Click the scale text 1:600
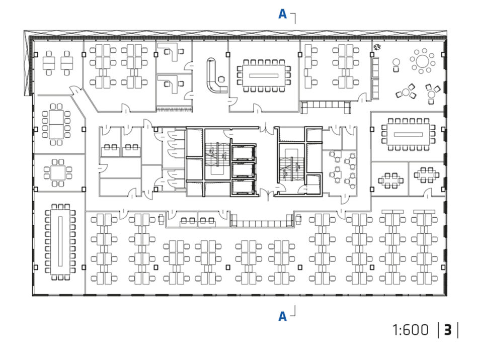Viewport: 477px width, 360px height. [x=411, y=330]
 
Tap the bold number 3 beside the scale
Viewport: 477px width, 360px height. [x=448, y=330]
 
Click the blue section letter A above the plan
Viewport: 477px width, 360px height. [x=283, y=14]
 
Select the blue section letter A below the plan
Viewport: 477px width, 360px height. [x=283, y=317]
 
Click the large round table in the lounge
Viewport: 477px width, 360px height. [x=422, y=61]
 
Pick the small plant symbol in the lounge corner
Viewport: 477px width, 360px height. [x=377, y=47]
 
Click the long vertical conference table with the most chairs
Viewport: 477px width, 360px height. [x=60, y=241]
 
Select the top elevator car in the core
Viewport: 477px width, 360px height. [x=243, y=153]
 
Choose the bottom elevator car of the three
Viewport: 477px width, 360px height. [x=243, y=187]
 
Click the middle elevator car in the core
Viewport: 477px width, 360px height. [x=243, y=170]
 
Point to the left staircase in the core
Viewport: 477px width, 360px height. [x=216, y=154]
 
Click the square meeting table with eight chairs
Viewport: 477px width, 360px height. [x=58, y=172]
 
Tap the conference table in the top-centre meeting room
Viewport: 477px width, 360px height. [x=264, y=75]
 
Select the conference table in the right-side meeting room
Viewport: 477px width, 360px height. [x=408, y=134]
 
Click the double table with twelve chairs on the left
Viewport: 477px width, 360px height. [x=56, y=124]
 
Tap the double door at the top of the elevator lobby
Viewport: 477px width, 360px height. [x=267, y=128]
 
